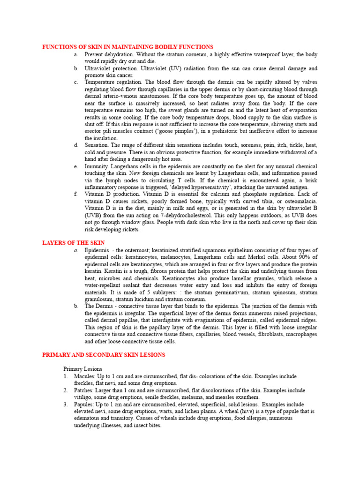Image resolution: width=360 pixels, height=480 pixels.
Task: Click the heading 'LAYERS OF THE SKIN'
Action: click(74, 242)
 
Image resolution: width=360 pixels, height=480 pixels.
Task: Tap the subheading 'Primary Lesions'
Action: click(82, 369)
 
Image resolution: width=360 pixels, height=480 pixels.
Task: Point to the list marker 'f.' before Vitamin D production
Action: click(75, 194)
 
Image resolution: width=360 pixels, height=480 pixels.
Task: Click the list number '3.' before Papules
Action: click(66, 404)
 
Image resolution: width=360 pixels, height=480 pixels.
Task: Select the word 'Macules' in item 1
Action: click(83, 376)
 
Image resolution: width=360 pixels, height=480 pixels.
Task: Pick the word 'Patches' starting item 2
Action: click(83, 390)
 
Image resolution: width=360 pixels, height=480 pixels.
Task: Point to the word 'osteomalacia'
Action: click(298, 201)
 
